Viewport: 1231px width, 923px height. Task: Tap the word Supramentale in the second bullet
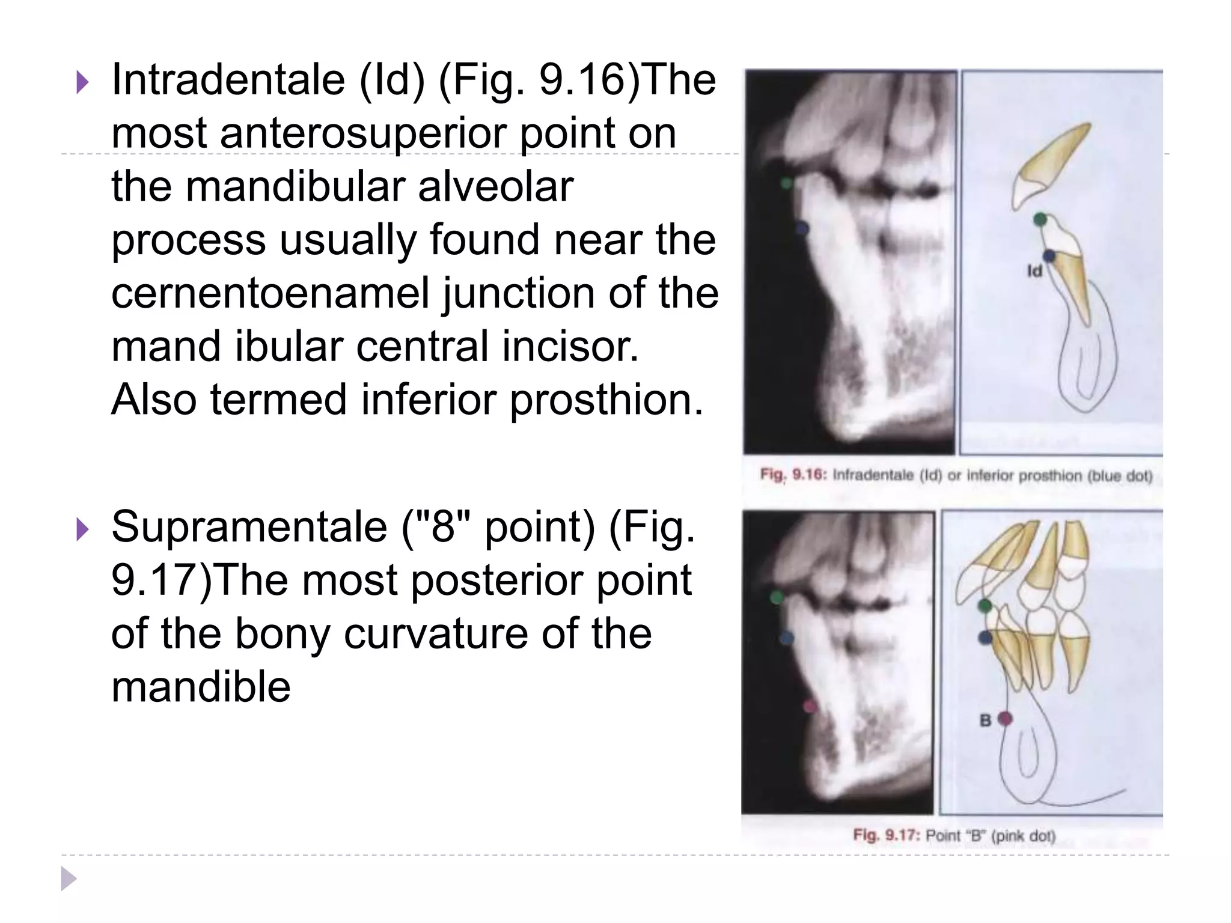tap(250, 527)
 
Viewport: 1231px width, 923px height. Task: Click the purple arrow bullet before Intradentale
tap(82, 84)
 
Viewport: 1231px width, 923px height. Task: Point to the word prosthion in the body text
tap(606, 401)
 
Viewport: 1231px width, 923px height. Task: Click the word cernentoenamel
tap(270, 294)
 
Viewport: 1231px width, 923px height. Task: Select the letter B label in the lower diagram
tap(985, 720)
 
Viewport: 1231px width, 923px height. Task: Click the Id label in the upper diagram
tap(1034, 272)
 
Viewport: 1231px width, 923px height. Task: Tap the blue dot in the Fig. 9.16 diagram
tap(1049, 256)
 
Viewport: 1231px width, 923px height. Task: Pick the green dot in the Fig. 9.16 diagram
tap(1040, 219)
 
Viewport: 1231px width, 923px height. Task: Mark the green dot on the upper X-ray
tap(786, 183)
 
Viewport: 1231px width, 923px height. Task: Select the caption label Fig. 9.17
tap(885, 835)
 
